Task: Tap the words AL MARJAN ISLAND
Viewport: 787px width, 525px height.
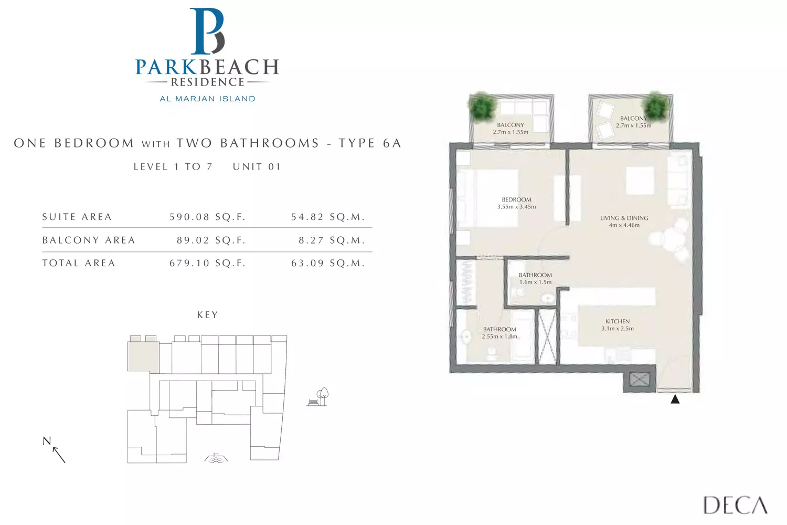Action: tap(207, 99)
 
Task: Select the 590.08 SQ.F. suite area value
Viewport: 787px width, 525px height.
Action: tap(208, 217)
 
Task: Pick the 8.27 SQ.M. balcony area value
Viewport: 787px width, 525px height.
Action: tap(332, 240)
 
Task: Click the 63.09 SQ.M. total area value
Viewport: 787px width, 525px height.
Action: tap(328, 263)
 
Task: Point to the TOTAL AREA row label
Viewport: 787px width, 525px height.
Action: tap(79, 263)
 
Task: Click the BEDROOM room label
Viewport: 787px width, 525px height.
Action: tap(516, 199)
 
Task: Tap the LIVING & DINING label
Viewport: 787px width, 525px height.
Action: tap(624, 218)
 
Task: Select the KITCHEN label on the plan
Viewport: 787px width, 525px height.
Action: tap(618, 321)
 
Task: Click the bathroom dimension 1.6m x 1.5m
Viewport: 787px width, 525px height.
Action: tap(536, 282)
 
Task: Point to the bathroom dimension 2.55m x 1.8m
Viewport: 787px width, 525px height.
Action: tap(499, 337)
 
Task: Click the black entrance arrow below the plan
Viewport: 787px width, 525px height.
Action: tap(675, 399)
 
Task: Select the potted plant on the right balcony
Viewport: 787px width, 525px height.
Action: tap(655, 106)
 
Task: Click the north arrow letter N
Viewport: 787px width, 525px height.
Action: tap(47, 440)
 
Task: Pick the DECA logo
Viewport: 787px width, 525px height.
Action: tap(736, 505)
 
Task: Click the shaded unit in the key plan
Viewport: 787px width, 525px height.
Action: tap(143, 356)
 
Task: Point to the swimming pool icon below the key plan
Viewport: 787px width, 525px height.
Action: tap(216, 458)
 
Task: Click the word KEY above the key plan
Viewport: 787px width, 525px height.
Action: tap(208, 314)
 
